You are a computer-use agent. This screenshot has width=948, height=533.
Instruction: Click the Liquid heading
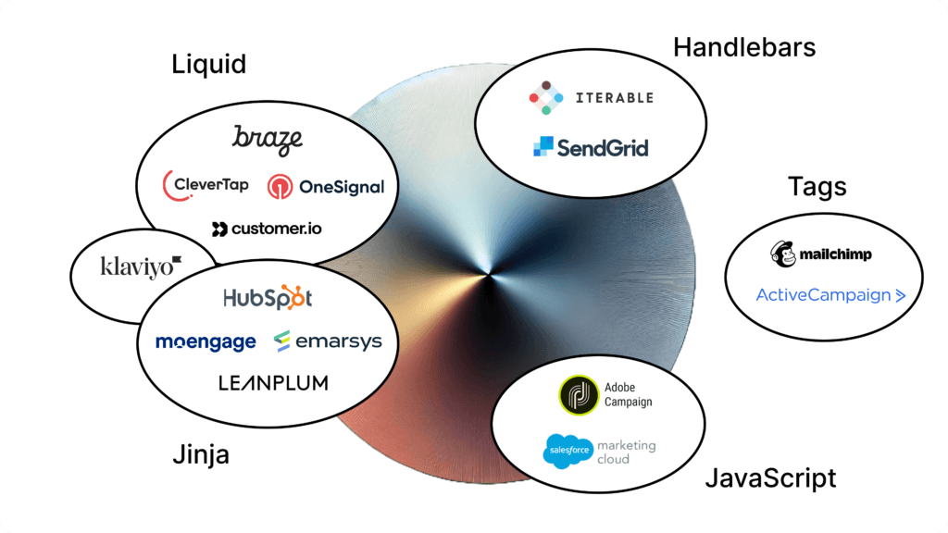click(x=209, y=65)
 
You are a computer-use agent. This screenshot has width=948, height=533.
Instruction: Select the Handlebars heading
click(x=744, y=47)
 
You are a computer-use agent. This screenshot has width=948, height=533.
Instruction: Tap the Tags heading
click(x=817, y=186)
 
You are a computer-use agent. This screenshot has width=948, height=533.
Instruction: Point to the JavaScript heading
click(x=770, y=477)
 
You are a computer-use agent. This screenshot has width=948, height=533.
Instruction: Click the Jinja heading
click(x=201, y=455)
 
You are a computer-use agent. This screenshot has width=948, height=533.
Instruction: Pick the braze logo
click(x=268, y=140)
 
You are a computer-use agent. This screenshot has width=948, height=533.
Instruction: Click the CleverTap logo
click(x=206, y=184)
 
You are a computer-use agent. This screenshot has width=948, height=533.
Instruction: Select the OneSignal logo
click(x=325, y=187)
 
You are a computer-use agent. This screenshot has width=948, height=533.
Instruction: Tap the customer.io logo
click(x=267, y=229)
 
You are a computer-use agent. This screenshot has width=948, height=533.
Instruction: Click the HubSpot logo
click(x=268, y=298)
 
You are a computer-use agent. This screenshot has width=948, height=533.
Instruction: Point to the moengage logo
click(x=206, y=342)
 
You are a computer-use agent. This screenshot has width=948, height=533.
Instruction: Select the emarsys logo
click(x=328, y=342)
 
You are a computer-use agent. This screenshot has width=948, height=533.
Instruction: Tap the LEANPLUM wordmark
click(x=273, y=382)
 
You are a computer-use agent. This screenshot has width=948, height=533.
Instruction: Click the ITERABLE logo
click(x=591, y=97)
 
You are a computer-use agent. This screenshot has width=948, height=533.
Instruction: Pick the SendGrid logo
click(x=591, y=147)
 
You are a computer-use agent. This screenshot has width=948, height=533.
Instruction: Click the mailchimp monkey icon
click(x=783, y=254)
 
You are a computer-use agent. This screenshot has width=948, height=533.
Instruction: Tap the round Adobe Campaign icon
click(x=579, y=395)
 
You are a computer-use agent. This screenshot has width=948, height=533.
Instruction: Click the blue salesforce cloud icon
click(x=568, y=452)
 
